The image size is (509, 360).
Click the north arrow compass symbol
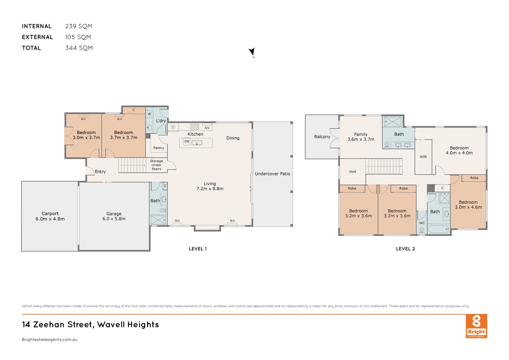252,52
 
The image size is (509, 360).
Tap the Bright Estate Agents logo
476,326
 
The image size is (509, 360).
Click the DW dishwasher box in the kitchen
187,141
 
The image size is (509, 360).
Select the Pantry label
159,148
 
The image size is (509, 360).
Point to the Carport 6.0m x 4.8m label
50,216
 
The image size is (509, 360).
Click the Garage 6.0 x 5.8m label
114,216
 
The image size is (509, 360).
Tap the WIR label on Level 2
423,157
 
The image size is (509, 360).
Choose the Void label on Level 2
352,172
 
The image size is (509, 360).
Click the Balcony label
322,137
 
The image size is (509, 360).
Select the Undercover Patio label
272,174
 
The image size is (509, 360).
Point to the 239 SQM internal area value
79,26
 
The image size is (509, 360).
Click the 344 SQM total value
79,48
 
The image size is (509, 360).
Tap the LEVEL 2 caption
405,249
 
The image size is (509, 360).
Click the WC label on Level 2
422,223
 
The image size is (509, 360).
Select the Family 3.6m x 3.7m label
361,137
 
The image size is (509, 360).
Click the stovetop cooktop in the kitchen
195,127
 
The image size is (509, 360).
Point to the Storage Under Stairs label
156,165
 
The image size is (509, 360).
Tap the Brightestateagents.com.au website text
50,340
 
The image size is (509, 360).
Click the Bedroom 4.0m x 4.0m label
459,151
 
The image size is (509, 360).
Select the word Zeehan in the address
49,324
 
